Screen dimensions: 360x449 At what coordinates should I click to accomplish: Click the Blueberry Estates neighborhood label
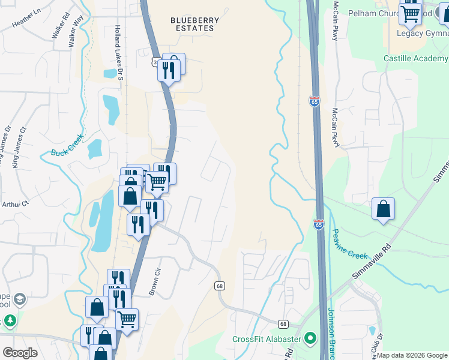click(194, 24)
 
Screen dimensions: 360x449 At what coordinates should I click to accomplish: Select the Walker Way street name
click(76, 32)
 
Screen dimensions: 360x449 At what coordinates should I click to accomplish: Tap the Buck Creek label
click(65, 153)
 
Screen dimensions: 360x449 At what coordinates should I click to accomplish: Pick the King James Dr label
click(7, 146)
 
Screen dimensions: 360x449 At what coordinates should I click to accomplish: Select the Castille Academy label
click(416, 59)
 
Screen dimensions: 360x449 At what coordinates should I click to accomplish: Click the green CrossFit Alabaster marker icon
click(310, 339)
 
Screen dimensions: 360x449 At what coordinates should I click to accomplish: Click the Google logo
click(20, 353)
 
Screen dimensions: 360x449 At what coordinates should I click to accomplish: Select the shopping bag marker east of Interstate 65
click(383, 209)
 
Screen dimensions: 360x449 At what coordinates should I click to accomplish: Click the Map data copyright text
click(411, 355)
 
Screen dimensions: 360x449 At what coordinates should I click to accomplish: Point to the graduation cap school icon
click(19, 299)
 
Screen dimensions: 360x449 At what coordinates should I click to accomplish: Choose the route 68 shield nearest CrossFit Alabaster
click(283, 324)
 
